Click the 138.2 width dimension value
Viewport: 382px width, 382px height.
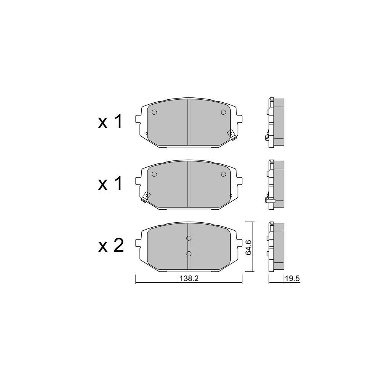189,278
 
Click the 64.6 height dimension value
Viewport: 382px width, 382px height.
249,247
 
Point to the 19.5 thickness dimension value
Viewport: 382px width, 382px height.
292,278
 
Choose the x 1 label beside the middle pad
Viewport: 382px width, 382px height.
110,184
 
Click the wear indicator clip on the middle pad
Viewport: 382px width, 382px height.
146,197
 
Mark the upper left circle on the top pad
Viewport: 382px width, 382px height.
154,112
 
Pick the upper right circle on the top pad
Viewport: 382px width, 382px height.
223,112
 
